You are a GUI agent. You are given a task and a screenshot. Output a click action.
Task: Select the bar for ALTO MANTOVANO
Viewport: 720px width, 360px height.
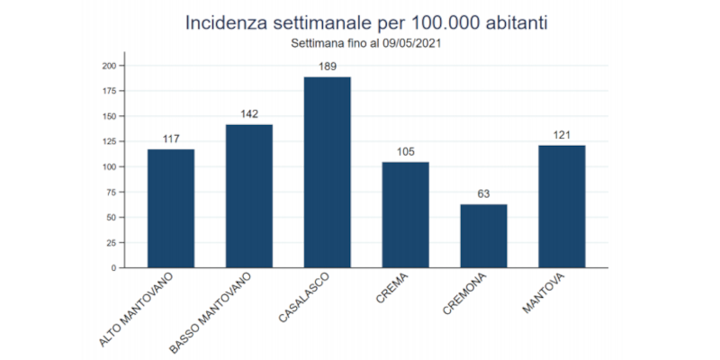click(171, 208)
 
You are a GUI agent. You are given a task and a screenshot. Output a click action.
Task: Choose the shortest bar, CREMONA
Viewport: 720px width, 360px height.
click(483, 236)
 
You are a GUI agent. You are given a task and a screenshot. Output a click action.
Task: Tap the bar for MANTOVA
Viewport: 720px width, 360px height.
click(562, 206)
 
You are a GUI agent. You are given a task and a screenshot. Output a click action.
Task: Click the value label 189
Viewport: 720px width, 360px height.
click(328, 67)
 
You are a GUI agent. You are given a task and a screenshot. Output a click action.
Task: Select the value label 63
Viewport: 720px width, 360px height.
click(483, 193)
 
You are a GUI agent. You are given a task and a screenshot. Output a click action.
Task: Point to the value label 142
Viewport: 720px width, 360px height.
click(249, 114)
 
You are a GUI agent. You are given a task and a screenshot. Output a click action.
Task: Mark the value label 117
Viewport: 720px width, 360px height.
click(171, 139)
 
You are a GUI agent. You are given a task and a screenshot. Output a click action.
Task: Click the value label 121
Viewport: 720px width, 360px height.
click(562, 135)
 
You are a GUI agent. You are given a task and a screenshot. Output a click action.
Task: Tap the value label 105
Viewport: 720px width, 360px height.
click(405, 151)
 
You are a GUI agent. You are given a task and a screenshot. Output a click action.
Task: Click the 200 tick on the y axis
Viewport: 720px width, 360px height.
click(108, 66)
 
